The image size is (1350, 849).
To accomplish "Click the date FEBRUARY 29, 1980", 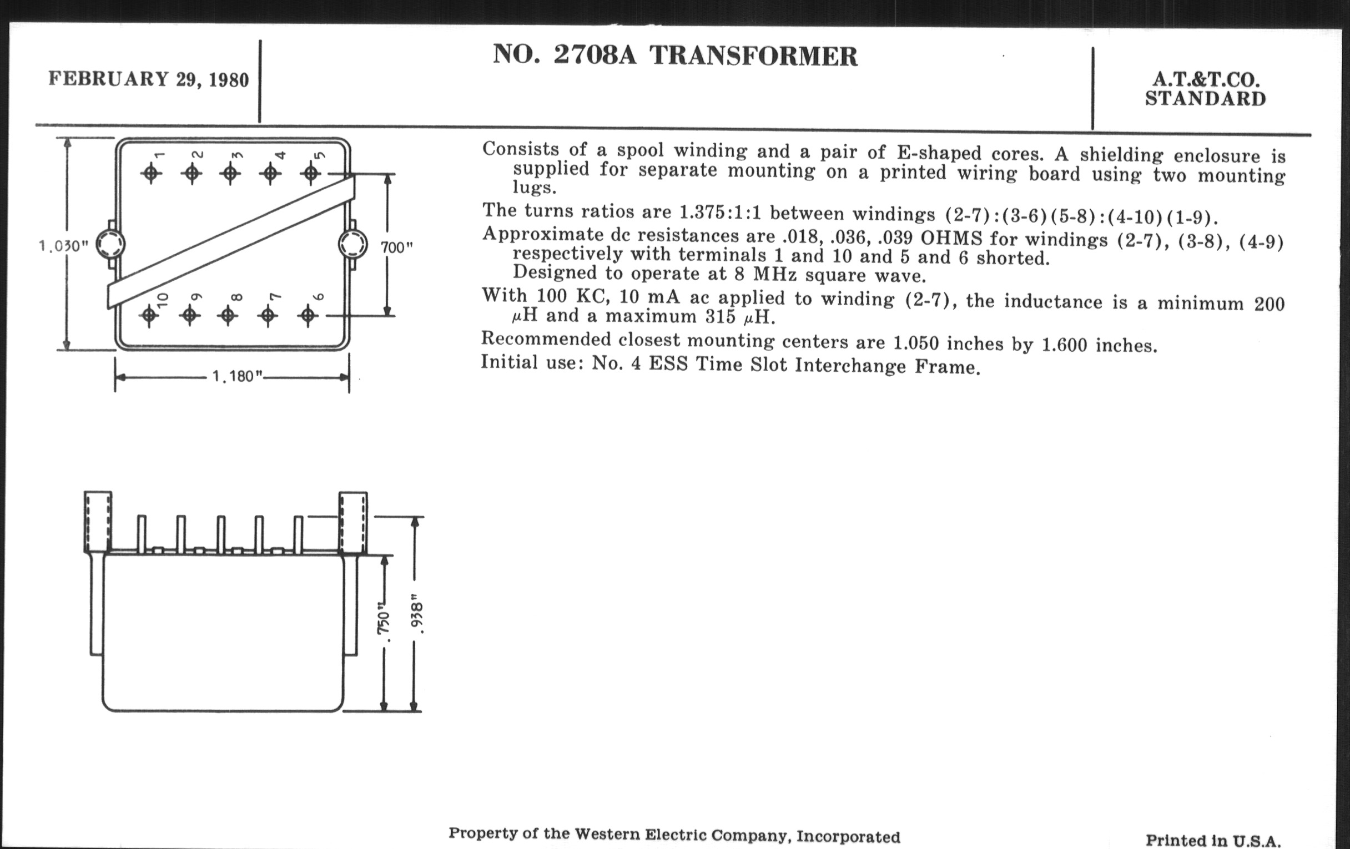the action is pos(149,78).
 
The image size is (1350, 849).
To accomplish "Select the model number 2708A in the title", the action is pos(596,54).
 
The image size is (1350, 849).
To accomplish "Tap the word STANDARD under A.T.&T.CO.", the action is pos(1205,99).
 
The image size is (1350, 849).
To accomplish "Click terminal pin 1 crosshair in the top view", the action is pos(150,173).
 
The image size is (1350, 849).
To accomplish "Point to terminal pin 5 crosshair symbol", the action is pos(311,174).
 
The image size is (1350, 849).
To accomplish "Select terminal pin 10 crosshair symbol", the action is pos(149,316).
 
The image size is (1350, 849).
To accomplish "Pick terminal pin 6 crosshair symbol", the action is pos(307,316).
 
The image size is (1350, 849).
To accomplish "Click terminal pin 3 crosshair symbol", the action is pos(230,173).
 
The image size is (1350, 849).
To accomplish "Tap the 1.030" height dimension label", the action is pos(63,246).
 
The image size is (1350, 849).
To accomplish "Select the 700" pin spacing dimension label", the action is pos(396,247).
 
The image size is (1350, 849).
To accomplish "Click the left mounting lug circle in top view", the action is pos(110,244).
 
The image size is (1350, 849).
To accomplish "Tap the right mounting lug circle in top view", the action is pos(353,244).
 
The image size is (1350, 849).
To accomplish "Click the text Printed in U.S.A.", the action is pos(1213,840).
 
